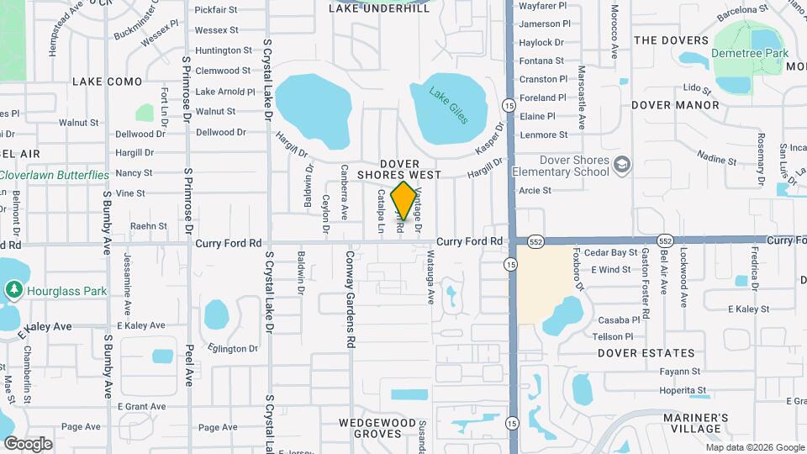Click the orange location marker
pos(404,199)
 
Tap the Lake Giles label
pos(449,106)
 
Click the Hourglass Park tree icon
pos(13,290)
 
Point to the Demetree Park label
pos(749,53)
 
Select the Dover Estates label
pos(646,354)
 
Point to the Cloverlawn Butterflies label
pos(55,175)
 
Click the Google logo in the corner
pos(28,443)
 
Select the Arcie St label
pos(535,191)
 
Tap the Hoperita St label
pos(682,390)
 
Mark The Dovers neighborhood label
pos(672,40)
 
